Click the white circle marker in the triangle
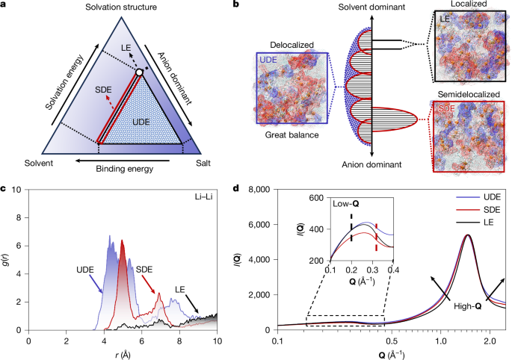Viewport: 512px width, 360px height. pos(139,72)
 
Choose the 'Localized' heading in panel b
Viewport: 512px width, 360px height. pos(457,6)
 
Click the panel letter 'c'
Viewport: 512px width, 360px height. pos(4,187)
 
